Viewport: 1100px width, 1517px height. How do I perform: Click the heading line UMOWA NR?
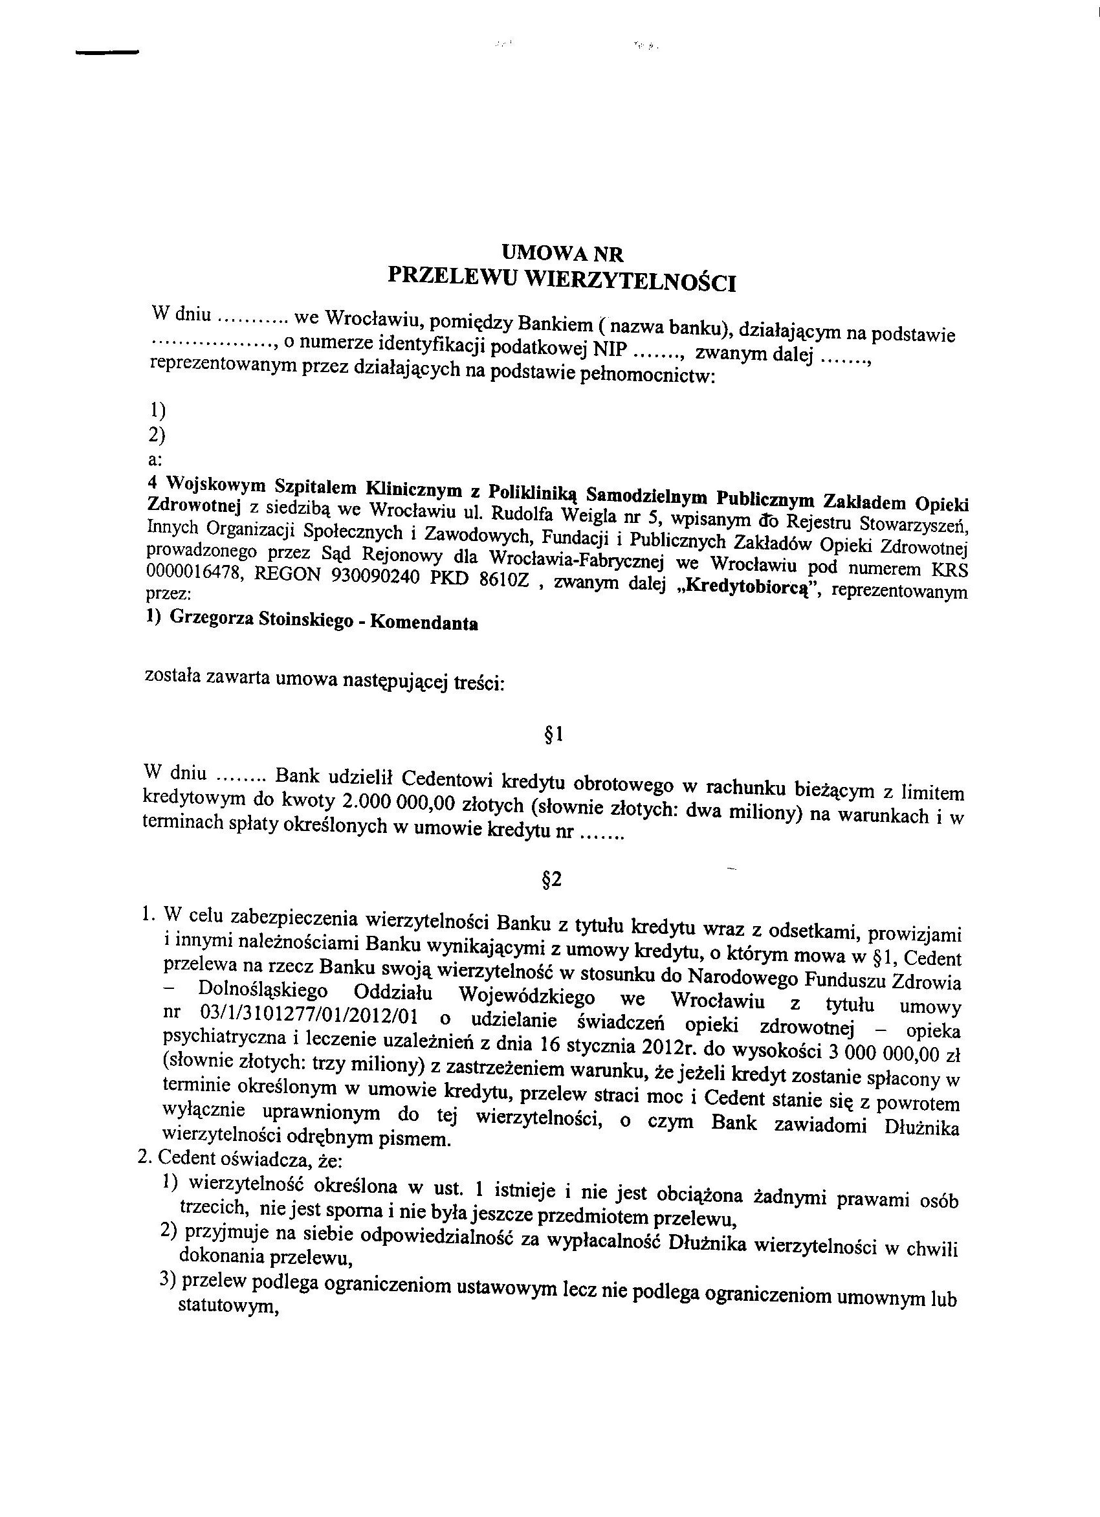pyautogui.click(x=562, y=254)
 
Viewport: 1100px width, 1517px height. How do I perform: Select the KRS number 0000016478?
pyautogui.click(x=187, y=570)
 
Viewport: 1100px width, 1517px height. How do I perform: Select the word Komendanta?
pyautogui.click(x=423, y=623)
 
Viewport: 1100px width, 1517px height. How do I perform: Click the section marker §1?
pyautogui.click(x=555, y=735)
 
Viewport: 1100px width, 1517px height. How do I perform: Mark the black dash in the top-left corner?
pyautogui.click(x=107, y=52)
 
